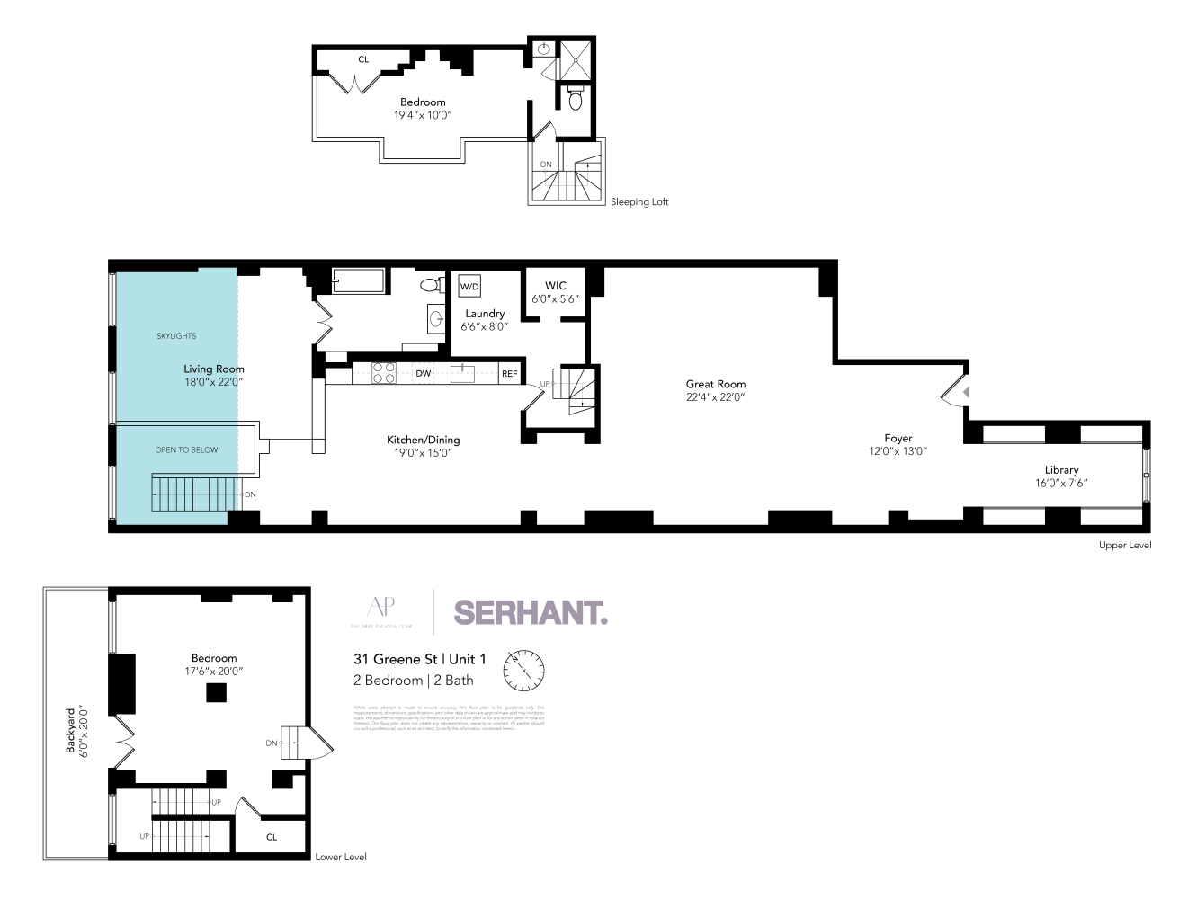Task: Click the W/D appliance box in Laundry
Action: (x=469, y=287)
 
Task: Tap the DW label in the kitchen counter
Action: (x=423, y=373)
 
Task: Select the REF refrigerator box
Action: (x=510, y=373)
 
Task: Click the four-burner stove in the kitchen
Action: (x=384, y=372)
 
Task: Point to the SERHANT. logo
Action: (x=530, y=613)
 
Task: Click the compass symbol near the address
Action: (x=524, y=672)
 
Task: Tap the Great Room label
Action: (x=716, y=384)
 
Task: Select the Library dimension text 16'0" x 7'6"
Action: (x=1061, y=483)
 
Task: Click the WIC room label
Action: (x=556, y=286)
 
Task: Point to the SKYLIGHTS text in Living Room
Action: (x=176, y=335)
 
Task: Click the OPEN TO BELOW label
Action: (x=186, y=449)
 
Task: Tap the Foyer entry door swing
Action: (x=955, y=392)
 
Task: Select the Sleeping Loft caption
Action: (x=639, y=202)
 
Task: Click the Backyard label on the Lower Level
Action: (x=71, y=730)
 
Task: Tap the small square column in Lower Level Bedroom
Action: (x=216, y=692)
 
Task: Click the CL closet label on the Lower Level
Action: (x=272, y=837)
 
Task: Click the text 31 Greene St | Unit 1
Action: (x=420, y=659)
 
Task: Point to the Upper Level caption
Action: (x=1124, y=545)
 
